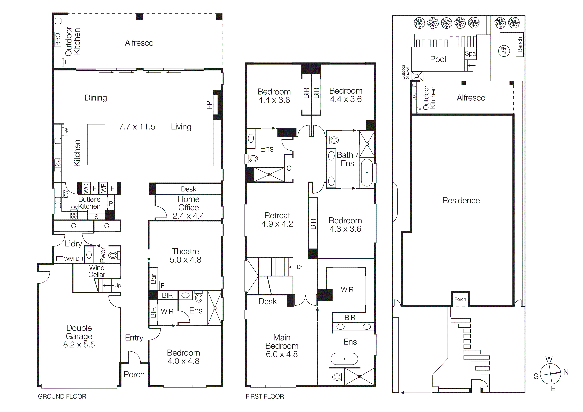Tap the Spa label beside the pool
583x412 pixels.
point(470,54)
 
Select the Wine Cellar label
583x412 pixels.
point(97,271)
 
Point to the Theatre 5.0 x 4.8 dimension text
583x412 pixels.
point(185,260)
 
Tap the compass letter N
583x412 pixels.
point(566,372)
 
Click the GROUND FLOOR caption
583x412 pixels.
point(62,397)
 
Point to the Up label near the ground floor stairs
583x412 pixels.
point(117,285)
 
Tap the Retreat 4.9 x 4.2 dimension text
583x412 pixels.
point(277,224)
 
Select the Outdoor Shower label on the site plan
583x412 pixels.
point(405,72)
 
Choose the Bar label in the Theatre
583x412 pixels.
point(153,279)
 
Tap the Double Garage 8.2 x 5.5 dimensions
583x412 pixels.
point(79,345)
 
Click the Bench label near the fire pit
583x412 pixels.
point(520,45)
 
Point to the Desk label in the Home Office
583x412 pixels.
point(188,189)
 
